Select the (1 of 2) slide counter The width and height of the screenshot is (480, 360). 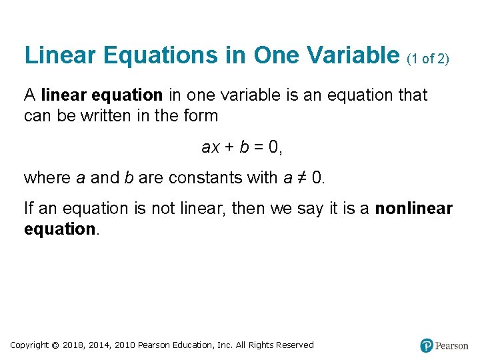click(428, 59)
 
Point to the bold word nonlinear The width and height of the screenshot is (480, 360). click(413, 209)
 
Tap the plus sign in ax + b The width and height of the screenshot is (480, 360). click(228, 147)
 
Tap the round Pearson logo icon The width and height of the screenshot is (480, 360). click(427, 345)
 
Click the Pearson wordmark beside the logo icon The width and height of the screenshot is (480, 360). click(452, 346)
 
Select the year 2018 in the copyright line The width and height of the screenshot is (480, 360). click(74, 345)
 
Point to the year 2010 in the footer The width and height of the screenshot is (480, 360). click(125, 345)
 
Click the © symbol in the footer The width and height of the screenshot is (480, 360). click(55, 345)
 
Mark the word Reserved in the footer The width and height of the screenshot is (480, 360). click(293, 345)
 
